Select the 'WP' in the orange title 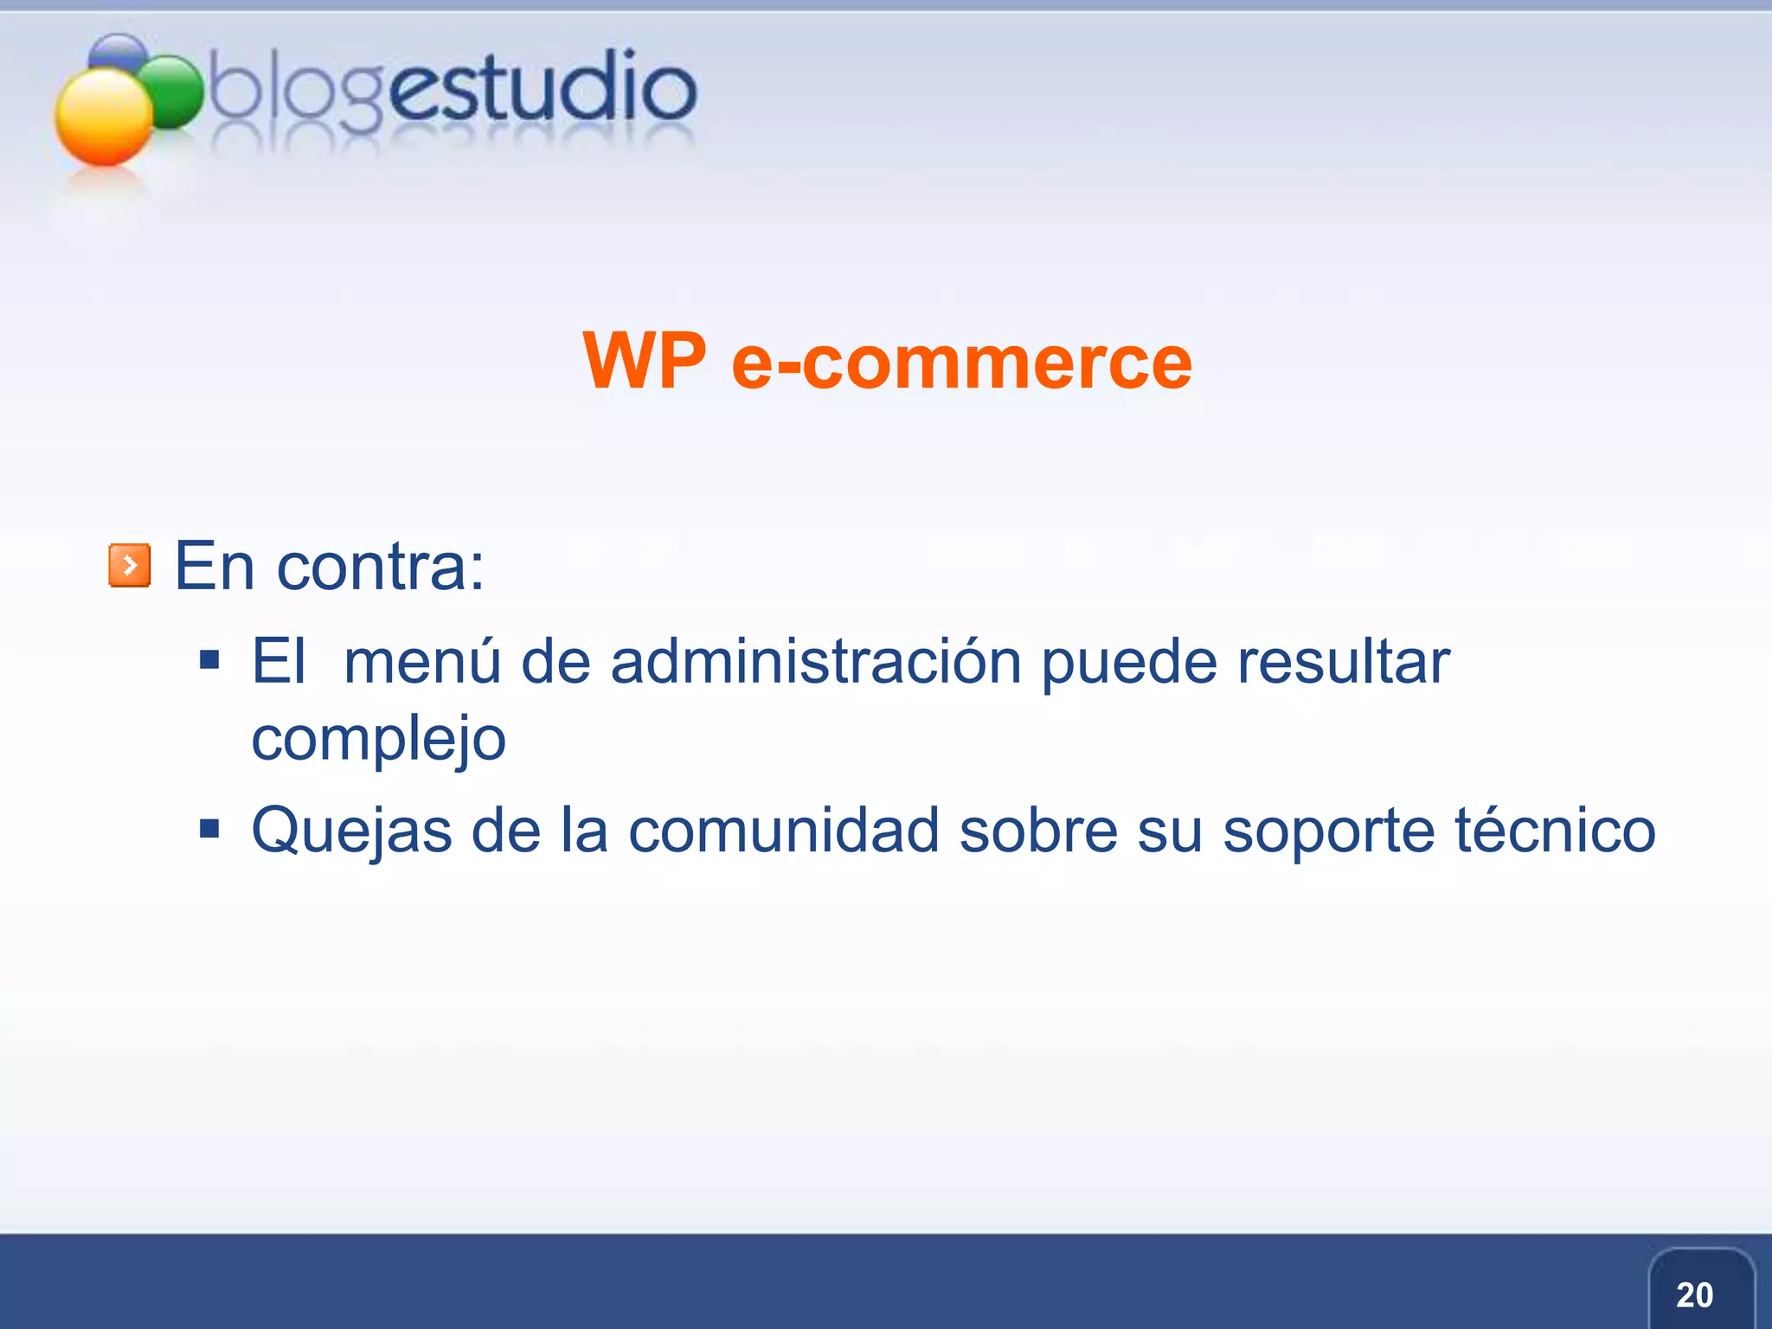645,361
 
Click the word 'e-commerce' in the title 961,363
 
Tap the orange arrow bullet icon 130,566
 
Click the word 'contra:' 380,567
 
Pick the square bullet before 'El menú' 209,661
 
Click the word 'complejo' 378,740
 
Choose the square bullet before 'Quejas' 209,830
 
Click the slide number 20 1694,1295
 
